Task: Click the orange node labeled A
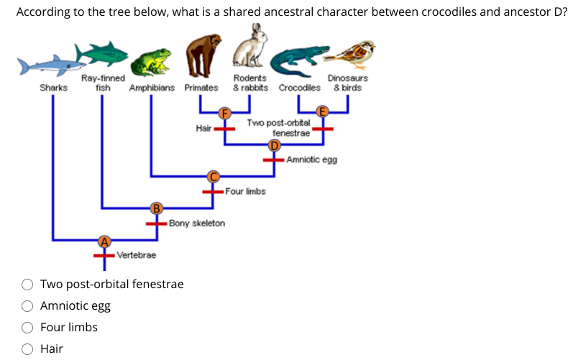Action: pyautogui.click(x=104, y=241)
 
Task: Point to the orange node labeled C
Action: pyautogui.click(x=212, y=176)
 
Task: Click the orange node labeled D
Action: pyautogui.click(x=273, y=145)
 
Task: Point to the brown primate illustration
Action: pyautogui.click(x=201, y=56)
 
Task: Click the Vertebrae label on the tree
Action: pyautogui.click(x=136, y=255)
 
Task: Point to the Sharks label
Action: pyautogui.click(x=53, y=88)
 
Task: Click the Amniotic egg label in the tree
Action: pyautogui.click(x=311, y=160)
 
